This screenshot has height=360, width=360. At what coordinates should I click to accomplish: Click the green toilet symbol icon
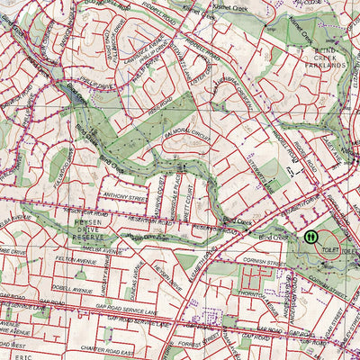[x=310, y=237]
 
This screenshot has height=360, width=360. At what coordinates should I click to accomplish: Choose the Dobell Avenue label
[x=72, y=290]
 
